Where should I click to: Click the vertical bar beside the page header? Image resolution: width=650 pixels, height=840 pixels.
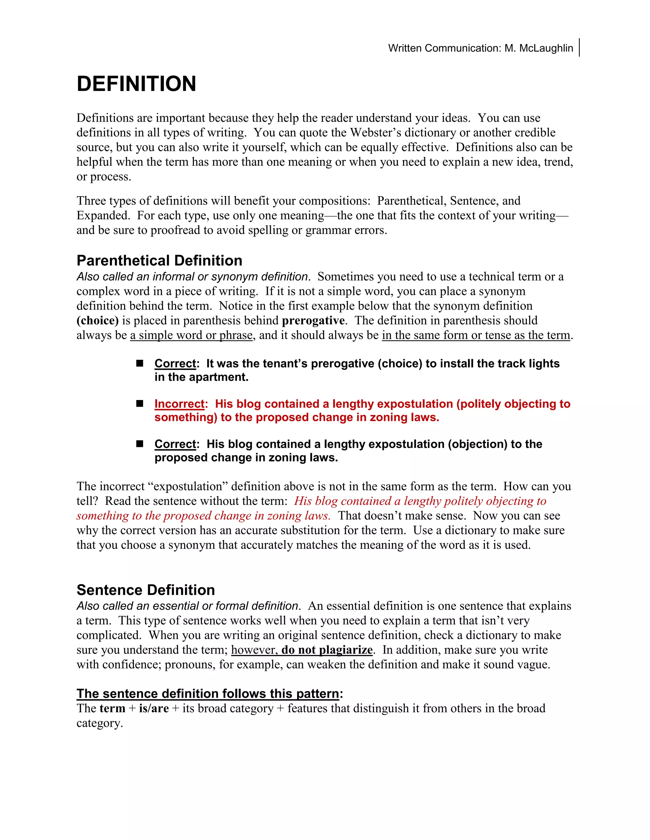(579, 47)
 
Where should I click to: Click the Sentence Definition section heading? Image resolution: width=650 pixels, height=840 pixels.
(146, 590)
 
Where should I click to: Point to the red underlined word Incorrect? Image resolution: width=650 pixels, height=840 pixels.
(179, 404)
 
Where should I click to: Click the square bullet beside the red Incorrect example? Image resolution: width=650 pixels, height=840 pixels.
(140, 404)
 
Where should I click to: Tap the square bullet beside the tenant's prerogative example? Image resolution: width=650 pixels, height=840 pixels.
(140, 363)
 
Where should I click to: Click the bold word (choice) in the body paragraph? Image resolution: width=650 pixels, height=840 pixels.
(97, 320)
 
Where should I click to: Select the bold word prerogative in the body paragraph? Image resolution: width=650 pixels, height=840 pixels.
(313, 320)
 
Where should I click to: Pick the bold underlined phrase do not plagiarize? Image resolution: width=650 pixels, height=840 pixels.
(327, 649)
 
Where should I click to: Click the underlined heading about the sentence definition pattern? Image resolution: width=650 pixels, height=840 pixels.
(208, 694)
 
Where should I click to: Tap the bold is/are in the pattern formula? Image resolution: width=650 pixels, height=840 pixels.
(154, 708)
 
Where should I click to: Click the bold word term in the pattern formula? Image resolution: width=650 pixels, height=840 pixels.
(112, 708)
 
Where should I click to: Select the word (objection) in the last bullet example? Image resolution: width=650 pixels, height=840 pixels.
(477, 444)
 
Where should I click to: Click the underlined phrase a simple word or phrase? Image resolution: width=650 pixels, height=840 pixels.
(191, 335)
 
